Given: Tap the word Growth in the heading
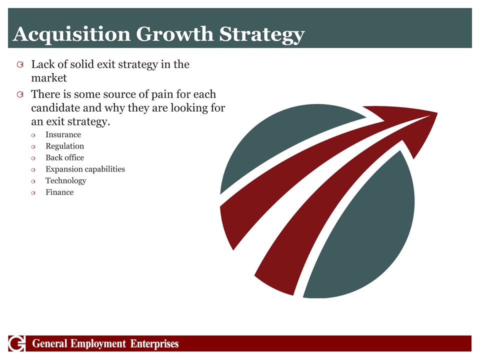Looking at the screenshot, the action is [x=175, y=33].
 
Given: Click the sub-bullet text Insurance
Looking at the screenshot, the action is [x=63, y=134].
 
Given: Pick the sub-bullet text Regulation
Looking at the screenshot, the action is [x=64, y=146].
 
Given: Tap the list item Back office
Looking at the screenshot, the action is [x=64, y=157].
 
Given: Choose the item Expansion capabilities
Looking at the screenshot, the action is [x=85, y=169].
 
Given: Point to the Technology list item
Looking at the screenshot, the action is [x=66, y=181].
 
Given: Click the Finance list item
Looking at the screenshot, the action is [x=59, y=192].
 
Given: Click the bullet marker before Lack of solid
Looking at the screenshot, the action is [x=20, y=64].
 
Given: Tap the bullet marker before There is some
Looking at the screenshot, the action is [x=20, y=94].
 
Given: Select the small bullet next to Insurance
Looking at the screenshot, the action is [x=33, y=135].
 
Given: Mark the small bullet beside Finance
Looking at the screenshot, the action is [x=33, y=193].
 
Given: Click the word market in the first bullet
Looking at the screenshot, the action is [x=49, y=78].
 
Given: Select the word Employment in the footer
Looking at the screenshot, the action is [x=98, y=344].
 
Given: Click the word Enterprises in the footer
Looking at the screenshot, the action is [x=154, y=344].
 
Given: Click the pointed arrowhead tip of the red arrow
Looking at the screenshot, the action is [x=437, y=113].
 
